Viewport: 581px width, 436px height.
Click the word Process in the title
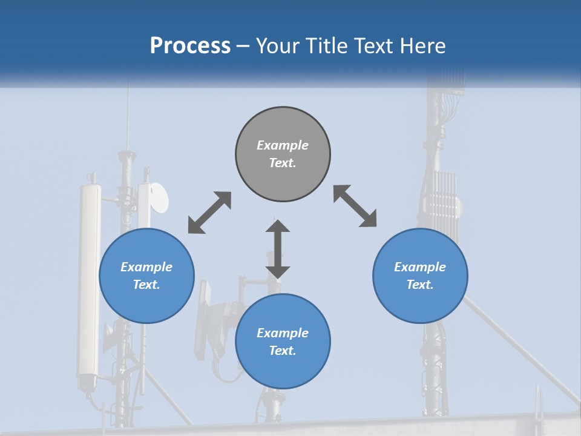tap(190, 46)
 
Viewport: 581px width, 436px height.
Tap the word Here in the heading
tap(419, 46)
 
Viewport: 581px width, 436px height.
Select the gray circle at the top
tap(283, 154)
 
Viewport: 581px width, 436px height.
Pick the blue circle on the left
tap(146, 276)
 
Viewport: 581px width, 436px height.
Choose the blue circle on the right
tap(420, 276)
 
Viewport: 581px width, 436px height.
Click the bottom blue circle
tap(283, 341)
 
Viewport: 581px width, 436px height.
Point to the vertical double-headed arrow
tap(278, 249)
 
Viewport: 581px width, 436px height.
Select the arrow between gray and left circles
tap(209, 213)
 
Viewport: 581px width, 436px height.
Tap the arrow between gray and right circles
tap(355, 206)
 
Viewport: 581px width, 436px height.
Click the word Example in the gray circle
tap(283, 145)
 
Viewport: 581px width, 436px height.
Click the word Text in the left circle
tap(146, 285)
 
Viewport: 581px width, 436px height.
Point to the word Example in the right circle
tap(420, 267)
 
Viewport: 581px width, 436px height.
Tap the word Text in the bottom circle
tap(282, 351)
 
